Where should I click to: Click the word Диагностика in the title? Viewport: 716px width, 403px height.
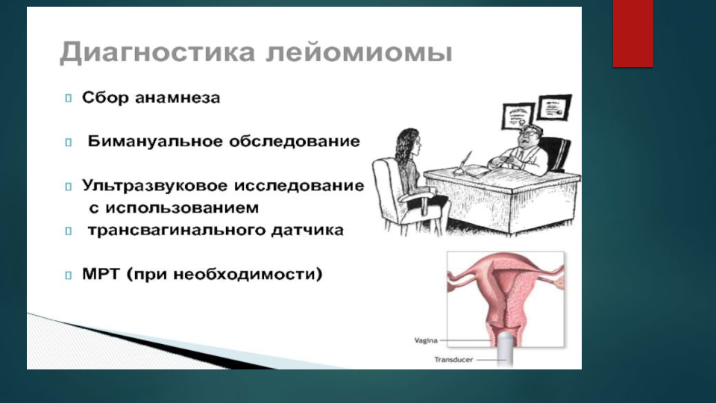click(x=157, y=52)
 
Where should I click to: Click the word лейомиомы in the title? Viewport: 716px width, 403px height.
click(x=359, y=52)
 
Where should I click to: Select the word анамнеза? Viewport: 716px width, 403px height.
click(x=178, y=98)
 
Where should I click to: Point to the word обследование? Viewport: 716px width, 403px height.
click(x=295, y=141)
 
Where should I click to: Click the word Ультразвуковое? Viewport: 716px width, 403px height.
click(x=154, y=186)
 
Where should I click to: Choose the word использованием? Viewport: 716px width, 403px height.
click(x=182, y=208)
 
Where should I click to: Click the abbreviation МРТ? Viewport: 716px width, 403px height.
click(x=101, y=274)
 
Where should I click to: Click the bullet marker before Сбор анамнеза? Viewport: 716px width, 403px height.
click(x=69, y=99)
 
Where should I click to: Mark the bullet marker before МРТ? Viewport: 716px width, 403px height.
click(x=69, y=275)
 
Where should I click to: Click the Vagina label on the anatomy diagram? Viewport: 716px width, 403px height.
click(x=426, y=340)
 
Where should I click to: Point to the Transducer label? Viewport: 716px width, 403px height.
click(x=453, y=360)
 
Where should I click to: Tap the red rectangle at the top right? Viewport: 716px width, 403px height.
click(x=633, y=34)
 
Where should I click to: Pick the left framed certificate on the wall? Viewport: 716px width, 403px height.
click(x=518, y=115)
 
